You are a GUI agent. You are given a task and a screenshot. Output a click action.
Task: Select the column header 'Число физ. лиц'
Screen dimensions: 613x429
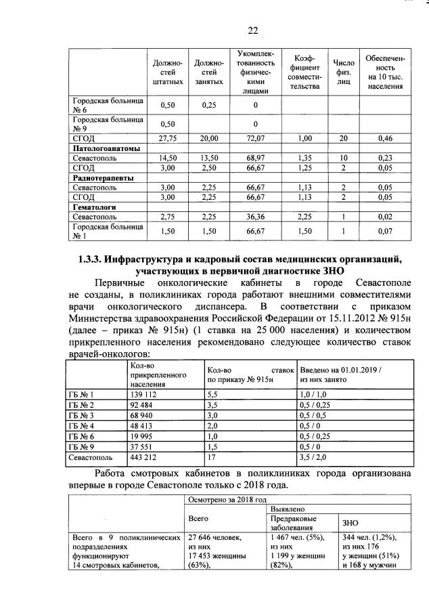tap(339, 72)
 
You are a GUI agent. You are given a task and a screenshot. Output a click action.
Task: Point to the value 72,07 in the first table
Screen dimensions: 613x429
tap(255, 138)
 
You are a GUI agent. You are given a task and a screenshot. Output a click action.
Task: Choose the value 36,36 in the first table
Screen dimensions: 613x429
tap(255, 217)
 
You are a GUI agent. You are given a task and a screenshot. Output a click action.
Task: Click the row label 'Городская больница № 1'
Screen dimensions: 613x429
tap(107, 232)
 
